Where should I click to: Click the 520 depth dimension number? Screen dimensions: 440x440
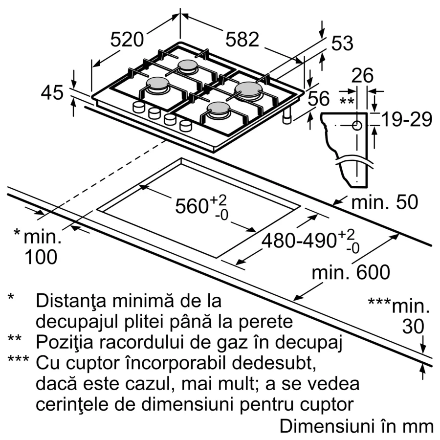coord(127,40)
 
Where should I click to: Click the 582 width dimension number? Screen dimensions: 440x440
coord(242,40)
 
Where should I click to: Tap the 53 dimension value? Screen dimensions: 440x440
coord(342,44)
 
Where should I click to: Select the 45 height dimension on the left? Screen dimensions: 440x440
coord(52,92)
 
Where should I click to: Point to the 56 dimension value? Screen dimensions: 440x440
coord(319,99)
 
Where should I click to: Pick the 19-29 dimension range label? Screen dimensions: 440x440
coord(406,119)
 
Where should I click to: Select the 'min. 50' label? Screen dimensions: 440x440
coord(385,201)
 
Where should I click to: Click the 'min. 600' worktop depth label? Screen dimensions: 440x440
coord(351,272)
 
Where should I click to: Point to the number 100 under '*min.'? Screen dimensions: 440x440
coord(41,257)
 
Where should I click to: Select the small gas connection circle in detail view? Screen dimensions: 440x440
coord(357,125)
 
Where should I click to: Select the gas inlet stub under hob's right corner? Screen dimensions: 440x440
coord(287,116)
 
